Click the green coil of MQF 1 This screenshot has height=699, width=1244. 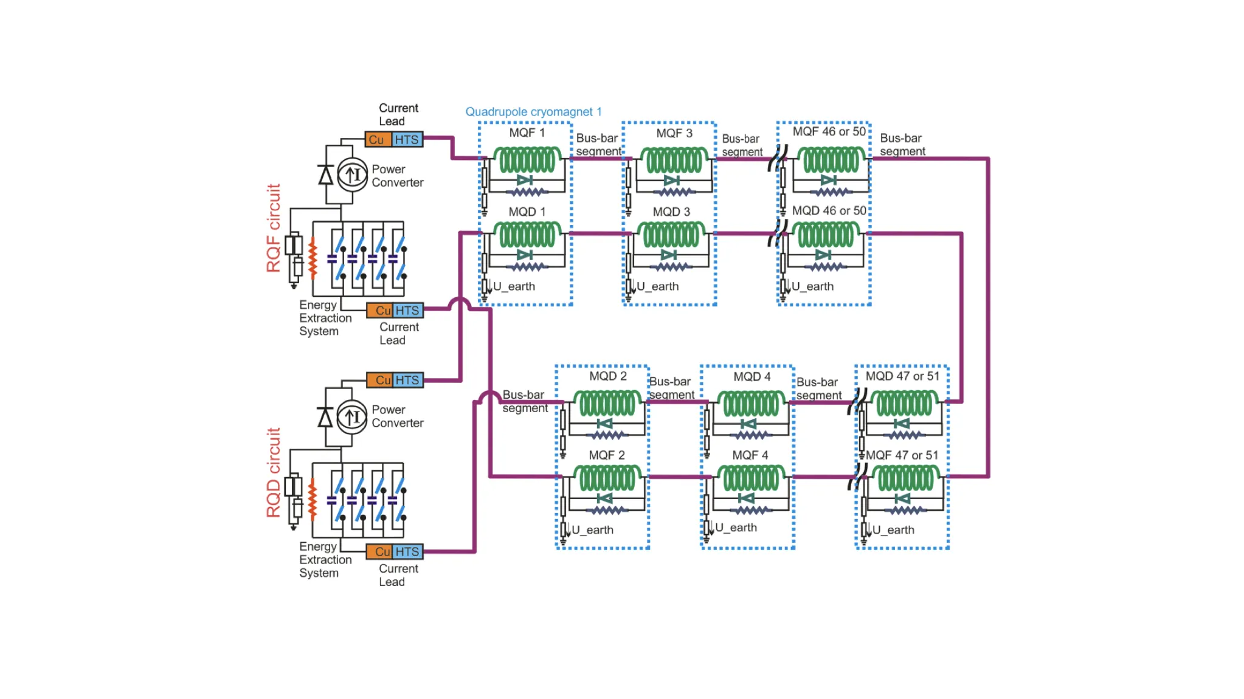527,160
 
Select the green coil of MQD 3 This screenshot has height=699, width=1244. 671,235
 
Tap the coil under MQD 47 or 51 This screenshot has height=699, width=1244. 904,403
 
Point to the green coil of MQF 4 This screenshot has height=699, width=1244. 751,478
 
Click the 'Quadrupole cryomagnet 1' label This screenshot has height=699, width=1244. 533,112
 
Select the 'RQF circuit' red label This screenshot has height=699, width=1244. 274,228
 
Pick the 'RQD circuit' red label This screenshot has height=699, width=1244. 274,473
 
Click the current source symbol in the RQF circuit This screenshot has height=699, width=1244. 353,175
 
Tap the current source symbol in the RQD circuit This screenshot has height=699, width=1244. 352,417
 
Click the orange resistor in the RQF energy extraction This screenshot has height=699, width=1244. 313,258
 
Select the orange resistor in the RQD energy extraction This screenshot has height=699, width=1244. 313,500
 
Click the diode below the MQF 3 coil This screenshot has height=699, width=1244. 672,181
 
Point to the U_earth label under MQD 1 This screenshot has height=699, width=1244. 514,286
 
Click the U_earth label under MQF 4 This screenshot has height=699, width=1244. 736,528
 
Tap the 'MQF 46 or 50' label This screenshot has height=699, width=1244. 829,131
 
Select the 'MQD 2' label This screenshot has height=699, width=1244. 608,376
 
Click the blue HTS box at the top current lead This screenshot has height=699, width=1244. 407,140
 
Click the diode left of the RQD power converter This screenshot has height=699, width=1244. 325,418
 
